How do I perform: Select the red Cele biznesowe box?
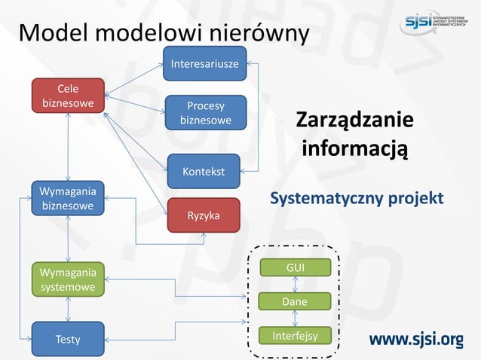tap(68, 96)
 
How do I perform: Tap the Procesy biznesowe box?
tap(206, 113)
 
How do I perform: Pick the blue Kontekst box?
tap(204, 171)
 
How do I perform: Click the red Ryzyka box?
tap(204, 215)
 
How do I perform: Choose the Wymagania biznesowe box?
tap(68, 199)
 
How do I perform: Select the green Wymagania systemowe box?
tap(68, 279)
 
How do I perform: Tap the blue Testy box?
tap(68, 339)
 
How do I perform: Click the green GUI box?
tap(295, 268)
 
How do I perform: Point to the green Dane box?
tap(295, 302)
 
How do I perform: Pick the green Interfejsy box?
tap(295, 336)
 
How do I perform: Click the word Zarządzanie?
tap(354, 121)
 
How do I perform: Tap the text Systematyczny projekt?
tap(357, 199)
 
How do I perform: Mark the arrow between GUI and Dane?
tap(295, 285)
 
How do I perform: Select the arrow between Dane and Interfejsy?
tap(295, 319)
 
